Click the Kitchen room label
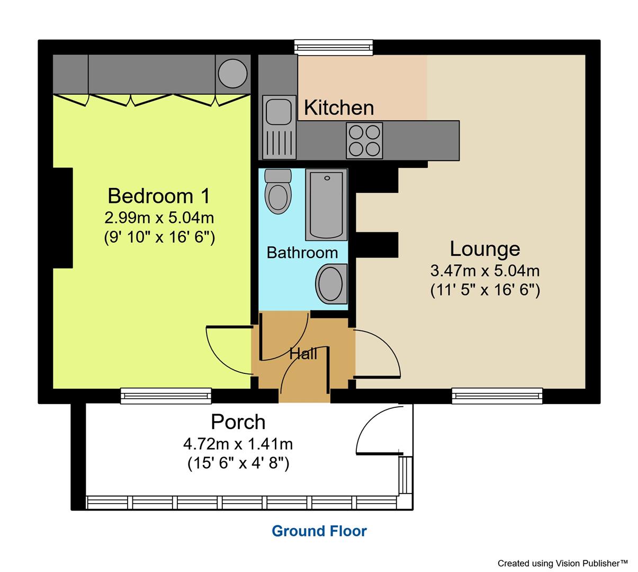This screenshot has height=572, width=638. [339, 108]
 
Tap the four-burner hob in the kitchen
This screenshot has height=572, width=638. [364, 140]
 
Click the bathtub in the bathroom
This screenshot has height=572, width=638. [326, 204]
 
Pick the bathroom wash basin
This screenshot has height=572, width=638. [331, 284]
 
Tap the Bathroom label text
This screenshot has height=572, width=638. [302, 253]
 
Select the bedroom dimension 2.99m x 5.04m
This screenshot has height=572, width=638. [159, 217]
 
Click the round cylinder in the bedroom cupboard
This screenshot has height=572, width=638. [233, 73]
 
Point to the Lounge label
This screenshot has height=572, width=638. [484, 248]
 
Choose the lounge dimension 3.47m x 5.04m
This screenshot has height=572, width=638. [484, 271]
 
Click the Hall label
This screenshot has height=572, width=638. [303, 354]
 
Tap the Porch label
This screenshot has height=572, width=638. [238, 422]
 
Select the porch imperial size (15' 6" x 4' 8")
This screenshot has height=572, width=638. [238, 463]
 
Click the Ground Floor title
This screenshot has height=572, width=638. [319, 531]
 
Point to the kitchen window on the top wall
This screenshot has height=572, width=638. [334, 48]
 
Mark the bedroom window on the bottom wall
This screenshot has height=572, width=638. [166, 396]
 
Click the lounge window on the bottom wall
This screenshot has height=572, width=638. [497, 396]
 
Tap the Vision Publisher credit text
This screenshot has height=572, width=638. [562, 563]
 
